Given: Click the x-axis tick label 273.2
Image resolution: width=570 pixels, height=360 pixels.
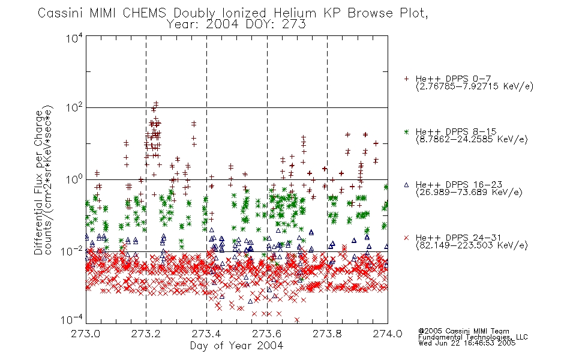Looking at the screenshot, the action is click(x=146, y=334).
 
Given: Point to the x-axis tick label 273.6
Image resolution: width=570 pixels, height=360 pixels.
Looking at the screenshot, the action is click(x=267, y=334).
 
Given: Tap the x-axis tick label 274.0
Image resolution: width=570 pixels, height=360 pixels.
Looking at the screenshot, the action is click(x=388, y=334).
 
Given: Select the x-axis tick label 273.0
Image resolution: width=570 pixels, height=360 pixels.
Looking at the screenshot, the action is click(x=85, y=334).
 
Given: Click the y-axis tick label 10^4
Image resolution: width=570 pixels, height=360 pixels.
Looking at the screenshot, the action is click(x=74, y=38).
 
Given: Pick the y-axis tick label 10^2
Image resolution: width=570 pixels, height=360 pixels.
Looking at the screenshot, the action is click(x=74, y=107).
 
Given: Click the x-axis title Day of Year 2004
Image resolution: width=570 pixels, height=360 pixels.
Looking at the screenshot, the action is click(x=236, y=346).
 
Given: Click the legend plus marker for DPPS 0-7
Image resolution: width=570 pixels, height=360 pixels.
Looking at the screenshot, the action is click(x=406, y=79).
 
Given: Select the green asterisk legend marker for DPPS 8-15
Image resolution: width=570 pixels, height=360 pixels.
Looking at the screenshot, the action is click(x=406, y=131).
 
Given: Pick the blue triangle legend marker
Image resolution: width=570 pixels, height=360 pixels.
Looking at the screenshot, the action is click(x=406, y=185).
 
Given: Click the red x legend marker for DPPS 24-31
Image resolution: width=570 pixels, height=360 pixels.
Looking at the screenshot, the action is click(x=406, y=238).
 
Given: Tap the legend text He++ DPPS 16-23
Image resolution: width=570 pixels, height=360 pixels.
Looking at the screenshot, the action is click(x=459, y=185).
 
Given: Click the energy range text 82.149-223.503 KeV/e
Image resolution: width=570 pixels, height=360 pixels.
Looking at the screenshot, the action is click(x=472, y=245).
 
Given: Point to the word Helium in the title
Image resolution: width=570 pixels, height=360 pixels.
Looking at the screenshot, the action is click(x=295, y=13).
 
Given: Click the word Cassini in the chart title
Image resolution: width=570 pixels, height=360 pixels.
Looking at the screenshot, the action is click(x=61, y=13).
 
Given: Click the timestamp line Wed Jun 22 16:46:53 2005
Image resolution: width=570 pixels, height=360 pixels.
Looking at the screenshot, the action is click(x=467, y=343).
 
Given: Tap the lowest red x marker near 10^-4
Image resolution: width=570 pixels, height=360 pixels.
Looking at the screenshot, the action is click(x=297, y=320).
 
